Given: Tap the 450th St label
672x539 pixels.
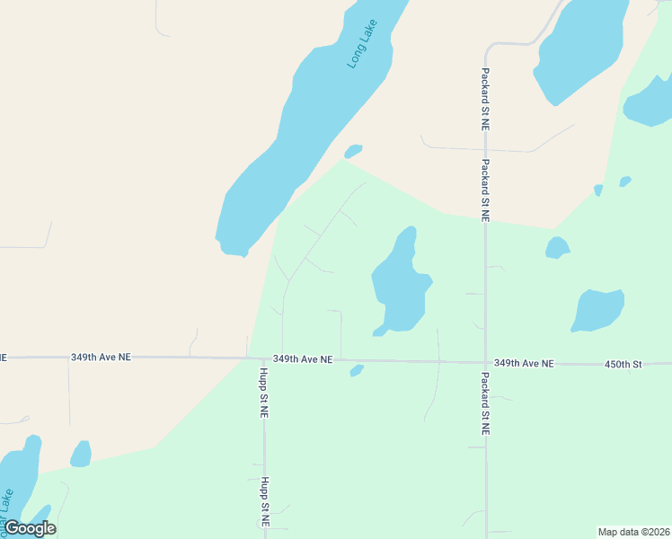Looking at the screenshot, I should (624, 364).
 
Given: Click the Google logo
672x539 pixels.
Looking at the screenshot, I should (30, 528).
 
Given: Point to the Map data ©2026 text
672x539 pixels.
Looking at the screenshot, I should (633, 532).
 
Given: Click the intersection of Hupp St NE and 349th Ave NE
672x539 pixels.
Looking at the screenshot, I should (264, 358).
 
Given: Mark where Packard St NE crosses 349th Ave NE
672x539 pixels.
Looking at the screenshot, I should (485, 363).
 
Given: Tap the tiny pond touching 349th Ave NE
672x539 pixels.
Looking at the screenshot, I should (357, 370).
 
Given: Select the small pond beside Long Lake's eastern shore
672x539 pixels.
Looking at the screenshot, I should (353, 151).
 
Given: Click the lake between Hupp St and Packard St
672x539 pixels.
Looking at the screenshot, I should (401, 286).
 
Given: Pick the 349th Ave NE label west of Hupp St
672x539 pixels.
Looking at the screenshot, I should (101, 357).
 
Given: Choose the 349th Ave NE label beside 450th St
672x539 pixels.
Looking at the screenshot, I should (525, 364).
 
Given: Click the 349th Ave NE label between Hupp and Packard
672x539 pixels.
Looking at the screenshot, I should (303, 358).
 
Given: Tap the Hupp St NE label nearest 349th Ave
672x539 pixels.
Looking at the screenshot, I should (264, 393).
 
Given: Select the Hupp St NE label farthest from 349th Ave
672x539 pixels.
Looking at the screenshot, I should (265, 501).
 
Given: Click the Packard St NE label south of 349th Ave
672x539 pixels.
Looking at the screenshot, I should (484, 404).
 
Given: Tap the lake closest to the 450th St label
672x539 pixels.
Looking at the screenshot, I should (597, 310).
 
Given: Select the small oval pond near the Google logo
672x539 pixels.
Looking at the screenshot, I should (81, 454).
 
